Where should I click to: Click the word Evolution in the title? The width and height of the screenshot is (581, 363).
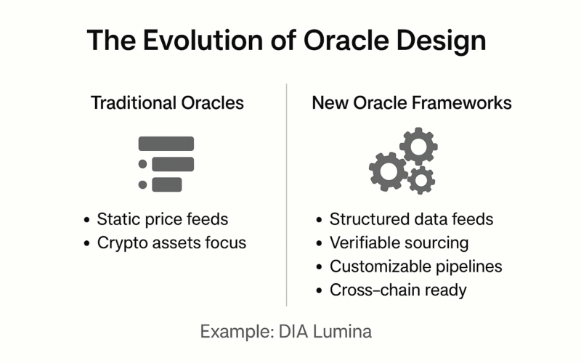(x=203, y=40)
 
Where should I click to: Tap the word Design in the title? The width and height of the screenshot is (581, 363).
(x=441, y=41)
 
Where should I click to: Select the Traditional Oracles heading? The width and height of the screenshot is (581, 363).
(x=167, y=102)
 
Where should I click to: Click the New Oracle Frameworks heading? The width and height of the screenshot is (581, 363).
(x=412, y=102)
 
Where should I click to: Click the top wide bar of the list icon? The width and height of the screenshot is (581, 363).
(x=166, y=144)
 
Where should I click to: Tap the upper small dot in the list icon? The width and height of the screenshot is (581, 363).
(x=142, y=164)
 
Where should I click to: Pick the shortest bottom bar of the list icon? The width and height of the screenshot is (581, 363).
(x=167, y=184)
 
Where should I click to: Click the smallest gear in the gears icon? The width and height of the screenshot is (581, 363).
(x=421, y=180)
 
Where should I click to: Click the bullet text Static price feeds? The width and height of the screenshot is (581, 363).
(x=162, y=219)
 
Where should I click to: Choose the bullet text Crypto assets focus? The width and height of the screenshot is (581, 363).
(x=171, y=243)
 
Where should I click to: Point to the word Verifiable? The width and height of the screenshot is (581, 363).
(x=365, y=243)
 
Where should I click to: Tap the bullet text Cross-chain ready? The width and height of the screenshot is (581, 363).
(x=398, y=290)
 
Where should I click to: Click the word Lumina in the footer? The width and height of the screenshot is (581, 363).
(x=342, y=332)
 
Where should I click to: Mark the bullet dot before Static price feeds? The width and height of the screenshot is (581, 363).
(x=86, y=220)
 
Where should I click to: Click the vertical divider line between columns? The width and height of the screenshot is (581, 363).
(x=286, y=195)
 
